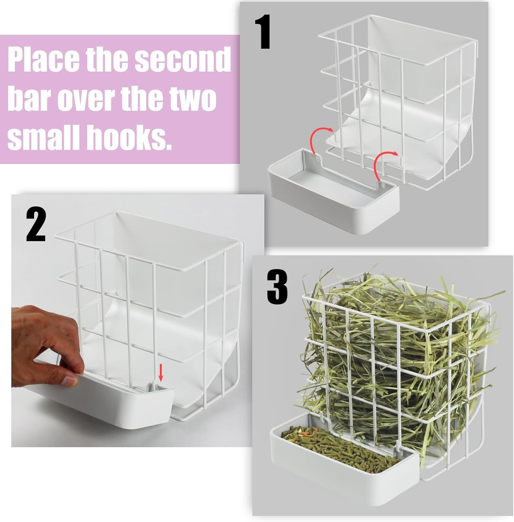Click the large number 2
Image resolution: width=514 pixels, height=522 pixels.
coord(36,225)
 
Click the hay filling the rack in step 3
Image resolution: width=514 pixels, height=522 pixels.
coord(384,341)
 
